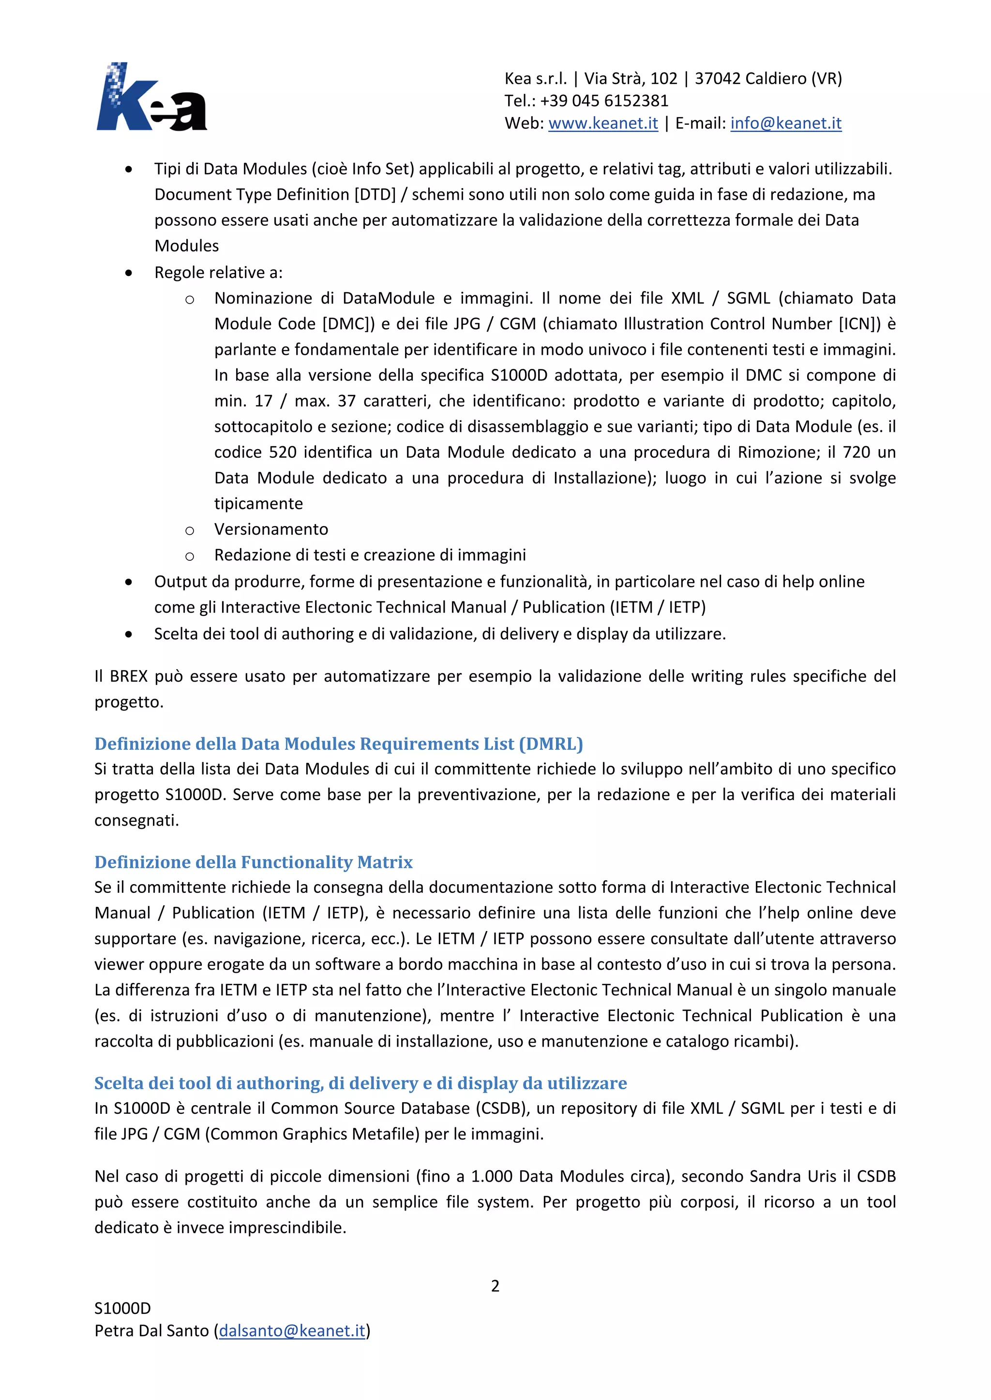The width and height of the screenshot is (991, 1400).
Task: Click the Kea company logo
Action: point(151,98)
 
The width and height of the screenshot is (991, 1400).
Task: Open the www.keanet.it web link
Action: point(603,123)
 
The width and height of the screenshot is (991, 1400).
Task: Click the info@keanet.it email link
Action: point(785,123)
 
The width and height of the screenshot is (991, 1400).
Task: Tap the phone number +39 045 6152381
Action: point(604,101)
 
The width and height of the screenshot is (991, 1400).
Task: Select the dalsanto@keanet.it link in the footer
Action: point(292,1330)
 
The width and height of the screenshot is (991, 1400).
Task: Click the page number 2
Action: point(495,1286)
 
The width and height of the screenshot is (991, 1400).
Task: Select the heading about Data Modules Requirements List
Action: point(339,744)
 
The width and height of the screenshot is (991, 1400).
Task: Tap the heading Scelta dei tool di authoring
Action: point(360,1082)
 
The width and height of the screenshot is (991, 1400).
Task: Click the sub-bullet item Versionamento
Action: point(271,529)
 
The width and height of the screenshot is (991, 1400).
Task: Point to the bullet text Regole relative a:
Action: point(218,272)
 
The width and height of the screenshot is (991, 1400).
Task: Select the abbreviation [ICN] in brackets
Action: point(860,324)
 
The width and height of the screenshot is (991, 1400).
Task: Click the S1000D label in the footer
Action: point(122,1308)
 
